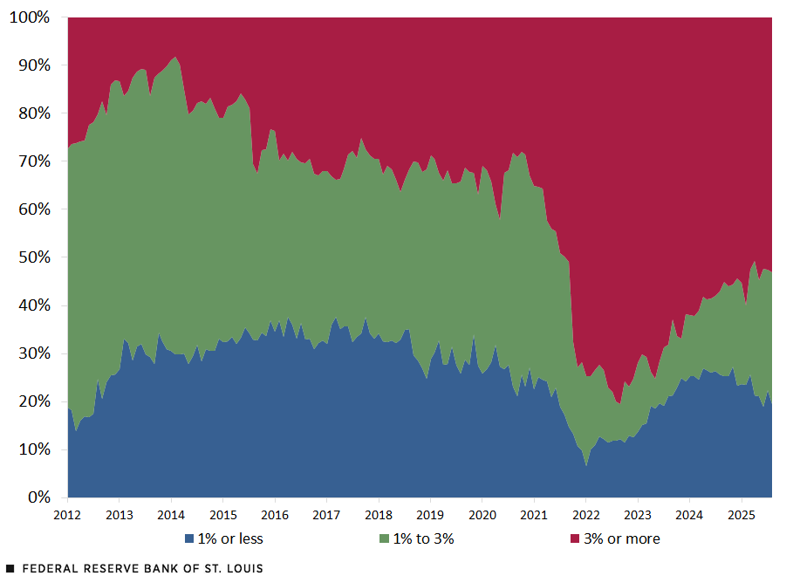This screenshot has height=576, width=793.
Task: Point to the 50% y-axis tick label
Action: pyautogui.click(x=32, y=257)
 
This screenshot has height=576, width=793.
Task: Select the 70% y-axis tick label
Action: pyautogui.click(x=32, y=161)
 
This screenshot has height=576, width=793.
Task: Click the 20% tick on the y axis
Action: pyautogui.click(x=32, y=401)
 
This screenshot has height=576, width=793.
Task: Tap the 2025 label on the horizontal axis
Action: pyautogui.click(x=741, y=515)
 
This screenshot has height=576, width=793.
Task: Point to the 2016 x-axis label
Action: pyautogui.click(x=275, y=515)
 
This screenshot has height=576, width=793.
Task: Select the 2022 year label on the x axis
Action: pyautogui.click(x=585, y=515)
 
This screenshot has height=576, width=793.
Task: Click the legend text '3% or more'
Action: pyautogui.click(x=621, y=539)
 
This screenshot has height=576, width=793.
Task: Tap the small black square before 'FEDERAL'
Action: pyautogui.click(x=10, y=568)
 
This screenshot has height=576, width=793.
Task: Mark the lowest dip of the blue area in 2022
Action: pyautogui.click(x=586, y=466)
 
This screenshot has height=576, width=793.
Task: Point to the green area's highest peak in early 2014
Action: pyautogui.click(x=175, y=58)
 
